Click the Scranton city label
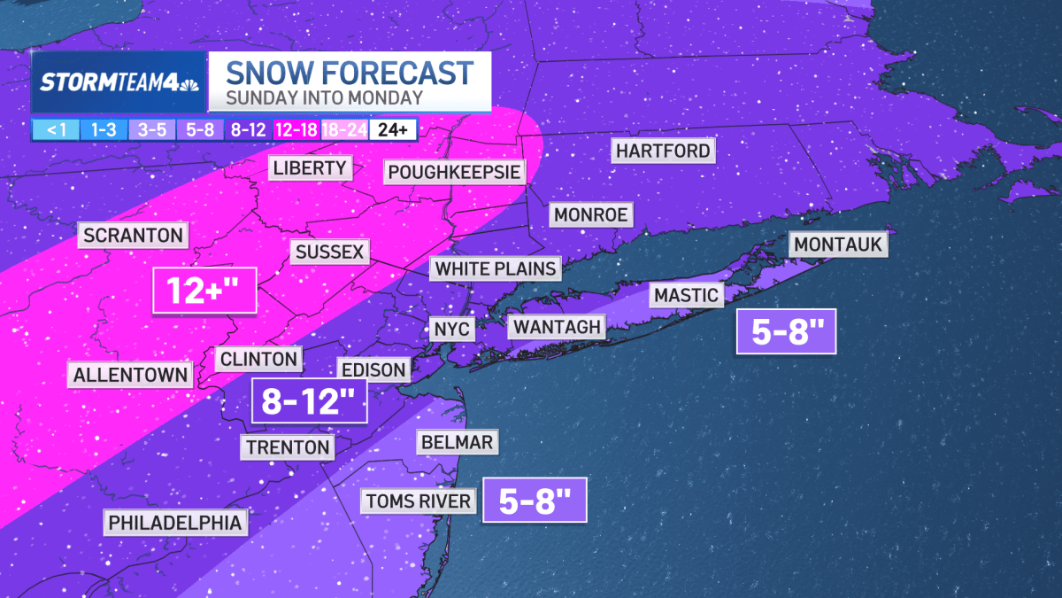click(x=134, y=236)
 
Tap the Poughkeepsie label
click(x=453, y=171)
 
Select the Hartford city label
click(x=663, y=151)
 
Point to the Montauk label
click(x=838, y=244)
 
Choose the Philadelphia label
click(x=175, y=523)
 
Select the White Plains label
click(x=496, y=268)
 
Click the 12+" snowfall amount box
click(x=204, y=290)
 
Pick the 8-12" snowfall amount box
click(x=309, y=400)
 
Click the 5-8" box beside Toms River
click(x=534, y=501)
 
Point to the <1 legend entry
click(x=56, y=129)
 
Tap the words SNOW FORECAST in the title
click(x=350, y=72)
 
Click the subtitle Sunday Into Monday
click(x=324, y=97)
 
